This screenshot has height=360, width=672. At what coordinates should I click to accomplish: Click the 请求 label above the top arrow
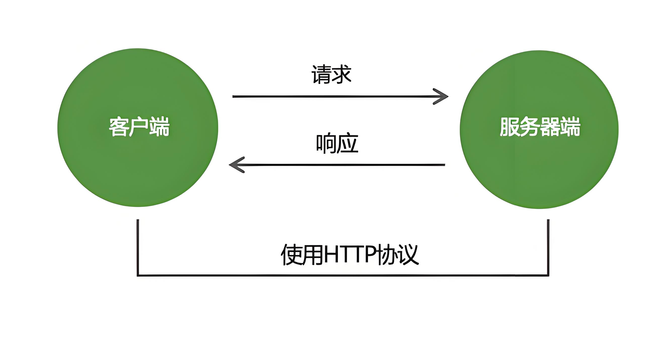(331, 75)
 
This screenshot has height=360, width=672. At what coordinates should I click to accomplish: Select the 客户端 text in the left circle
(139, 127)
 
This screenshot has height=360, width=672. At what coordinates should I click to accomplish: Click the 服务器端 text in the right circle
(540, 127)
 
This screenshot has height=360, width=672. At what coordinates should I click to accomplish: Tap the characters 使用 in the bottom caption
(302, 255)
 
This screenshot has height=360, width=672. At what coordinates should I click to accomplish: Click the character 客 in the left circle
(119, 127)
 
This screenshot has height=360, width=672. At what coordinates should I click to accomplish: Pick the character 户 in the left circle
(139, 127)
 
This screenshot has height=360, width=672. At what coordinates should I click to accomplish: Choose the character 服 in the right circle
(510, 127)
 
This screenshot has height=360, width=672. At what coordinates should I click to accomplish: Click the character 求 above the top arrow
(342, 75)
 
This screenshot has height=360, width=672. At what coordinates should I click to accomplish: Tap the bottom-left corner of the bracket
(138, 275)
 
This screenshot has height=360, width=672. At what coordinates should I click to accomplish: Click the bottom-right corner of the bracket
(548, 275)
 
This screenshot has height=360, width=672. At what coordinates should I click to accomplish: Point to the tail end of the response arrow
(444, 165)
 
